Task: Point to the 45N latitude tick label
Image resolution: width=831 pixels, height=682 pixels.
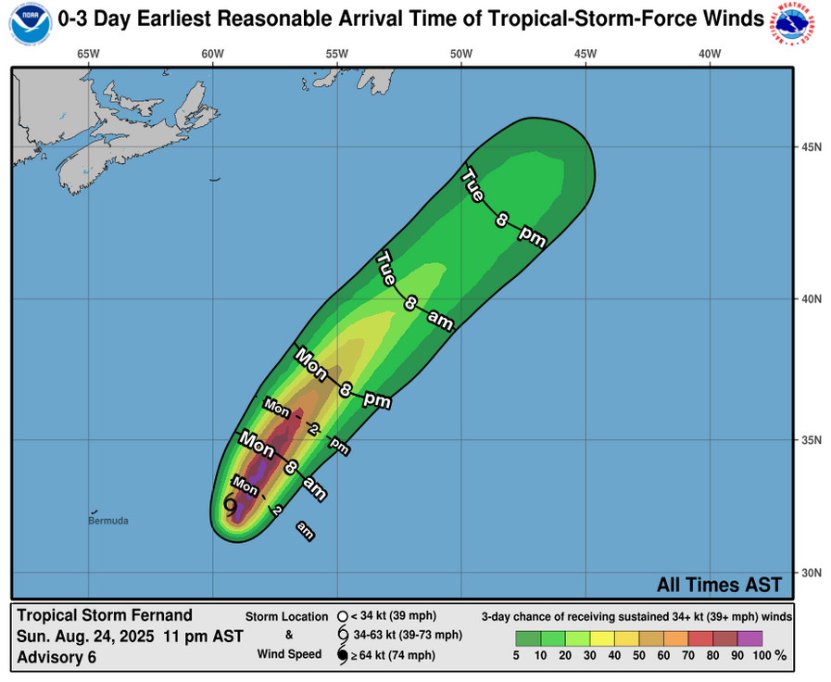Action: pos(812,147)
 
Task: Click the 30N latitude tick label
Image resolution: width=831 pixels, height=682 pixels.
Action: pos(812,572)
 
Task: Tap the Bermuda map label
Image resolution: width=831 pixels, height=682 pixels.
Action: pos(107,521)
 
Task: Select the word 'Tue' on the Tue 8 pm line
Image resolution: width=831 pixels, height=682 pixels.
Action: pos(473,186)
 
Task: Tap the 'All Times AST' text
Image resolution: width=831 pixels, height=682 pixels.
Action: pos(719,585)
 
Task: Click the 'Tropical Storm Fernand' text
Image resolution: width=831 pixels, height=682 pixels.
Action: pos(105,615)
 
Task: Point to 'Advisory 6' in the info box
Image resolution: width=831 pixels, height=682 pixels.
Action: pos(57,658)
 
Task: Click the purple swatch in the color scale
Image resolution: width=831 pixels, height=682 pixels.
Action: pos(750,638)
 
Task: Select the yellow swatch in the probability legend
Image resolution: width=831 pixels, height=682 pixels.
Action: pos(601,638)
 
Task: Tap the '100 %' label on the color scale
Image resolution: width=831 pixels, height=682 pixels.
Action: pos(768,656)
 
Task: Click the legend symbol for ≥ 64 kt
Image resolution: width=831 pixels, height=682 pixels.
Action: pos(342,656)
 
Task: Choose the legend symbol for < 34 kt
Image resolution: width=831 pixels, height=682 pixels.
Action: pos(342,615)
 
